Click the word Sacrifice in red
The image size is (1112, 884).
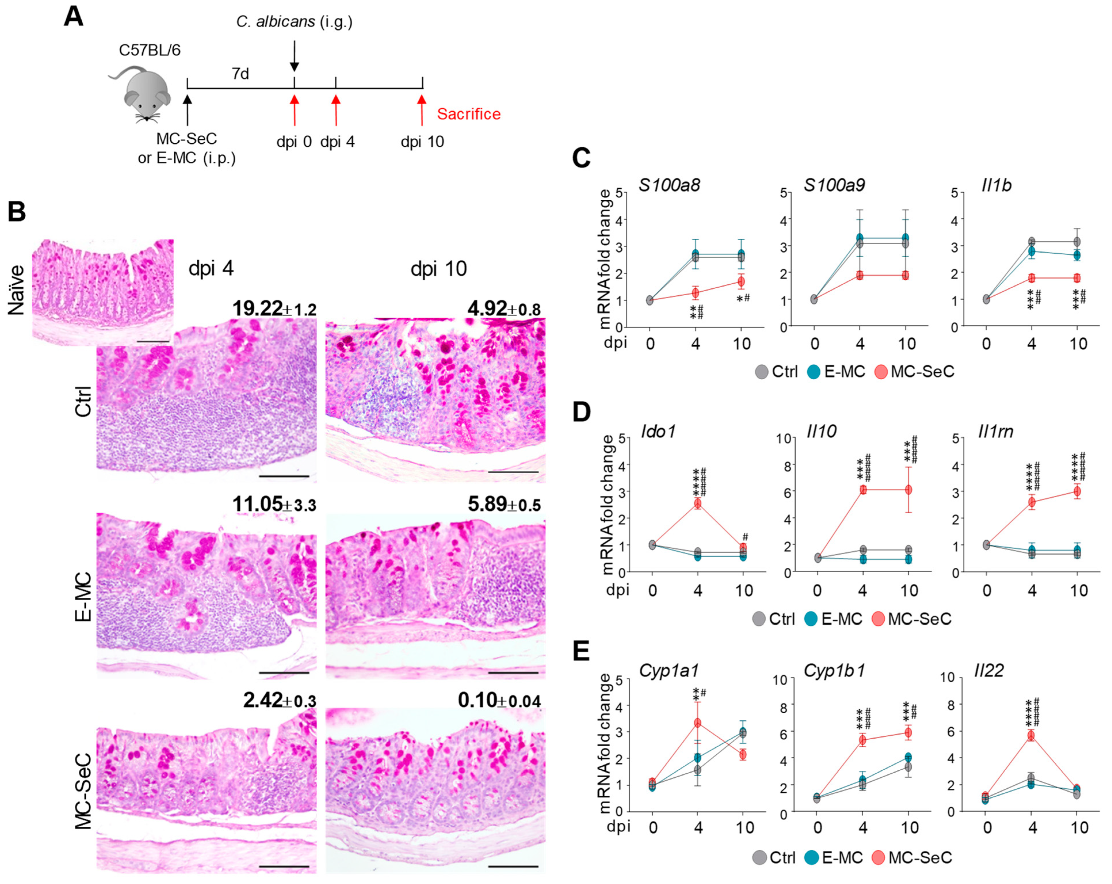pos(468,114)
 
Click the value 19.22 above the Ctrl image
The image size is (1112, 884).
pos(257,309)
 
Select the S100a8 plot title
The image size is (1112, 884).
pos(669,185)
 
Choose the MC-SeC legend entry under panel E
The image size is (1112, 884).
pos(911,858)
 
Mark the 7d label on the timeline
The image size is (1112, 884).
pos(240,74)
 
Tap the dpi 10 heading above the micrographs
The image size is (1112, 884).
pos(438,269)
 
